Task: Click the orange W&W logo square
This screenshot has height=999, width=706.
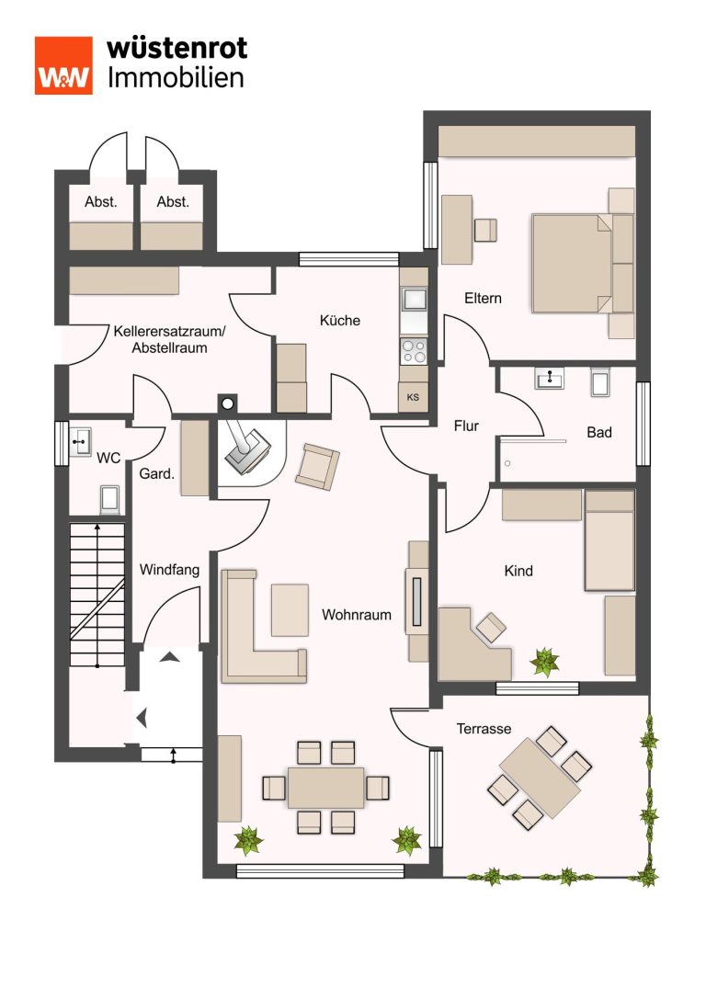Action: pos(63,65)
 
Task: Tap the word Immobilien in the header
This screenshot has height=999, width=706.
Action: pos(176,78)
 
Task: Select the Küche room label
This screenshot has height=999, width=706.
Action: pos(339,321)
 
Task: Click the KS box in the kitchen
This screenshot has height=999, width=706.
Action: pos(413,397)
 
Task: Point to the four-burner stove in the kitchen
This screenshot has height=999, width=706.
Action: pos(414,350)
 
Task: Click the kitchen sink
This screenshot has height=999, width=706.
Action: pos(414,298)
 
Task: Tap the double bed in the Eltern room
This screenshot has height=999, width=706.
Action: pos(583,263)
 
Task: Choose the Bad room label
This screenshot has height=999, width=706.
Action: pos(599,433)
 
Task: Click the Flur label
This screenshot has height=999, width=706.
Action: pos(466,426)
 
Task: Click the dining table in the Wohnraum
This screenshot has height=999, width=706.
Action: pos(325,789)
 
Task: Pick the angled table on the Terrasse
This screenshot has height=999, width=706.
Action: pos(540,778)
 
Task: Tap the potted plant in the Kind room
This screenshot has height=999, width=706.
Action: pos(545,662)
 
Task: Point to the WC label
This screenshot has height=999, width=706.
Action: pos(108,458)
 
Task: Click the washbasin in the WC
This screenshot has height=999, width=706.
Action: pos(80,441)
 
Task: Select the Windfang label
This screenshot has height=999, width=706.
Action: pos(169,570)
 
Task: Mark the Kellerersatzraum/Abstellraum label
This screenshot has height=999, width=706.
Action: pos(169,339)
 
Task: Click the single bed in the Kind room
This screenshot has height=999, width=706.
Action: pos(609,540)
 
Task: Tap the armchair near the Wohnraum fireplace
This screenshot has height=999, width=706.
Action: pos(317,467)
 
